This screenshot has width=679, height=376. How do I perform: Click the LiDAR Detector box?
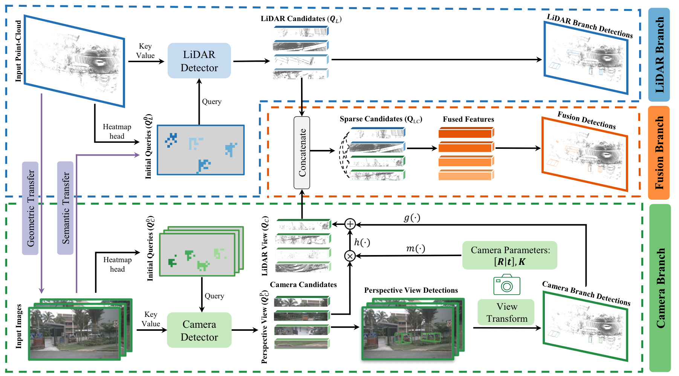click(x=199, y=61)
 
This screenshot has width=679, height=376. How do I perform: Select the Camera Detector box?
click(x=199, y=330)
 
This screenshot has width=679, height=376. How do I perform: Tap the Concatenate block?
click(x=302, y=153)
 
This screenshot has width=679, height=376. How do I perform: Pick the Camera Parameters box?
click(x=509, y=255)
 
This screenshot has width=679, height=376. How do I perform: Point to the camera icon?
click(x=507, y=285)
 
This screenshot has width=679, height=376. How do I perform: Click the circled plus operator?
click(x=350, y=224)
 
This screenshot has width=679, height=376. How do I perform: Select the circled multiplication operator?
click(x=350, y=256)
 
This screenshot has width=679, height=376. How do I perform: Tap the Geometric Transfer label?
click(x=31, y=208)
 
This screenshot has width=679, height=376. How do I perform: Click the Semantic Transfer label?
click(x=65, y=208)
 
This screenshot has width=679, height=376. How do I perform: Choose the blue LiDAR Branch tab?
click(x=659, y=55)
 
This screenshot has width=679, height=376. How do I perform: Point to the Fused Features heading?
click(x=468, y=119)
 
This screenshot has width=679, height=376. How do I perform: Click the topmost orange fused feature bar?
click(x=466, y=133)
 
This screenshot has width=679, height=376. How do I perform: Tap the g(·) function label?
click(x=411, y=218)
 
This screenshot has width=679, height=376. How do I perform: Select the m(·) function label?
click(x=415, y=249)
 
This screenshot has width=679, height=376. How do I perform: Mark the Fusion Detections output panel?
click(x=584, y=154)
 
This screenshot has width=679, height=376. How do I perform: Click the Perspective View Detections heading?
click(x=411, y=290)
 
